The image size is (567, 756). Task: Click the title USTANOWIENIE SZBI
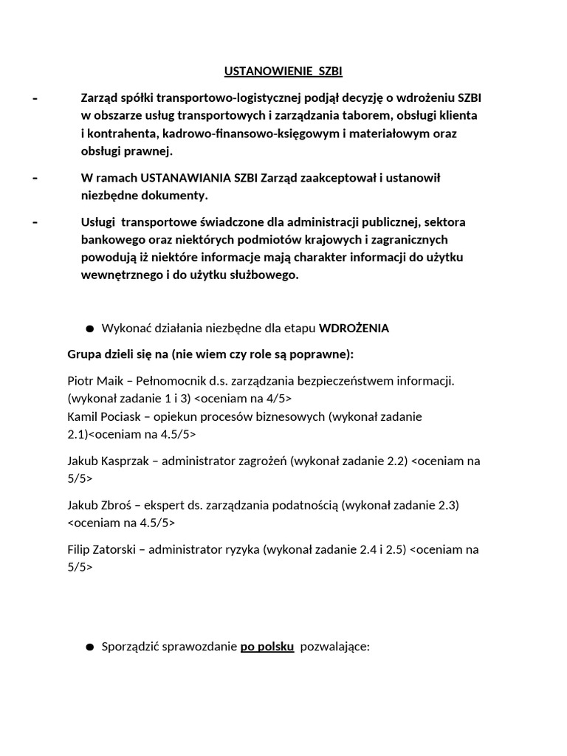point(283,72)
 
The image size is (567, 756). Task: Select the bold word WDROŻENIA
point(354,329)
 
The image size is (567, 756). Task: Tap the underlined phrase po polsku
point(267,647)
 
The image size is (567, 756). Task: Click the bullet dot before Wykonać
point(90,329)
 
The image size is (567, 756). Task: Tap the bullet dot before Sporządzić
point(90,647)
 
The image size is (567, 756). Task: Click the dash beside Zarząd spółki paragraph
point(35,98)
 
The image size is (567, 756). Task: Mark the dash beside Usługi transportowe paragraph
point(35,222)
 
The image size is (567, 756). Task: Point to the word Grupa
point(83,354)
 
